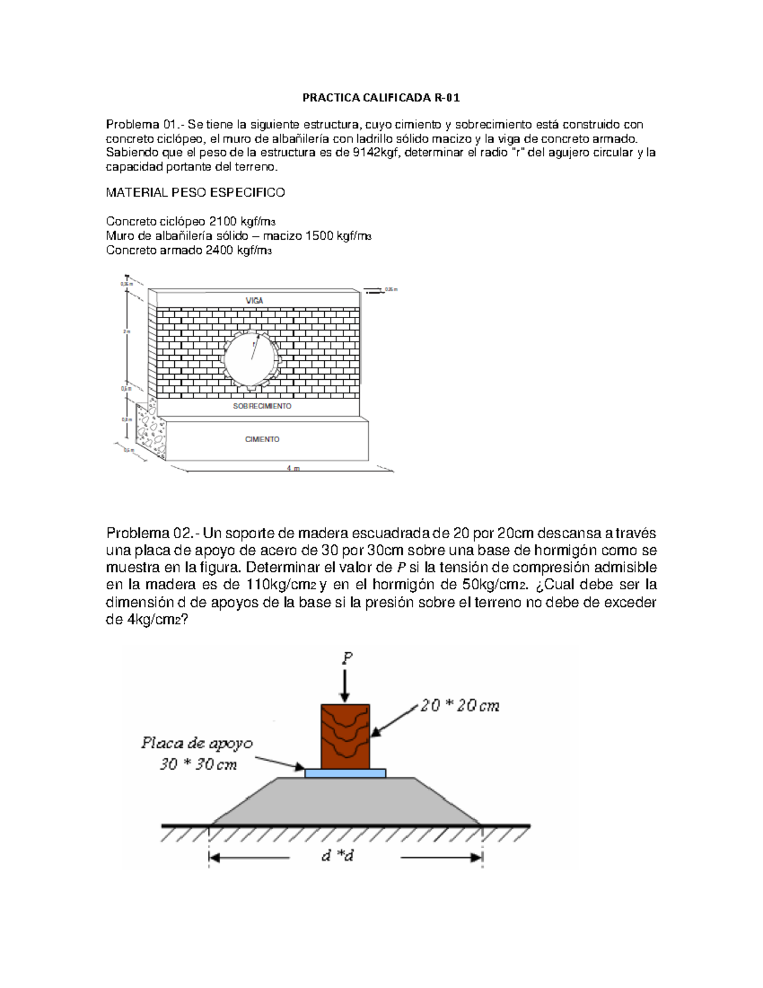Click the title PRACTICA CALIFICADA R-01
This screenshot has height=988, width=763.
coord(380,98)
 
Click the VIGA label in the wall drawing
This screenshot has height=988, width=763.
coord(254,300)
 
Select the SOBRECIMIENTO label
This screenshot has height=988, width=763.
coord(262,406)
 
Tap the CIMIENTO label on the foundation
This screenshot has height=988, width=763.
coord(262,440)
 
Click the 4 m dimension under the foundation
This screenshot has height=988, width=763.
coord(292,468)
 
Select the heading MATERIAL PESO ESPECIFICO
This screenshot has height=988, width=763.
coord(195,192)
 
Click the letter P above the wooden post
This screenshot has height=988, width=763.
coord(345,658)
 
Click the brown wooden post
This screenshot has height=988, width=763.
coord(345,736)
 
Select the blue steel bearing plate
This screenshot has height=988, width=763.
coord(345,773)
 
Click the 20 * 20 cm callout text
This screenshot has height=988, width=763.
coord(459,706)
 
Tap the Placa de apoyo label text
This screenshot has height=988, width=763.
coord(196,743)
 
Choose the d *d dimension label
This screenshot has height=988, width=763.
coord(337,856)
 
